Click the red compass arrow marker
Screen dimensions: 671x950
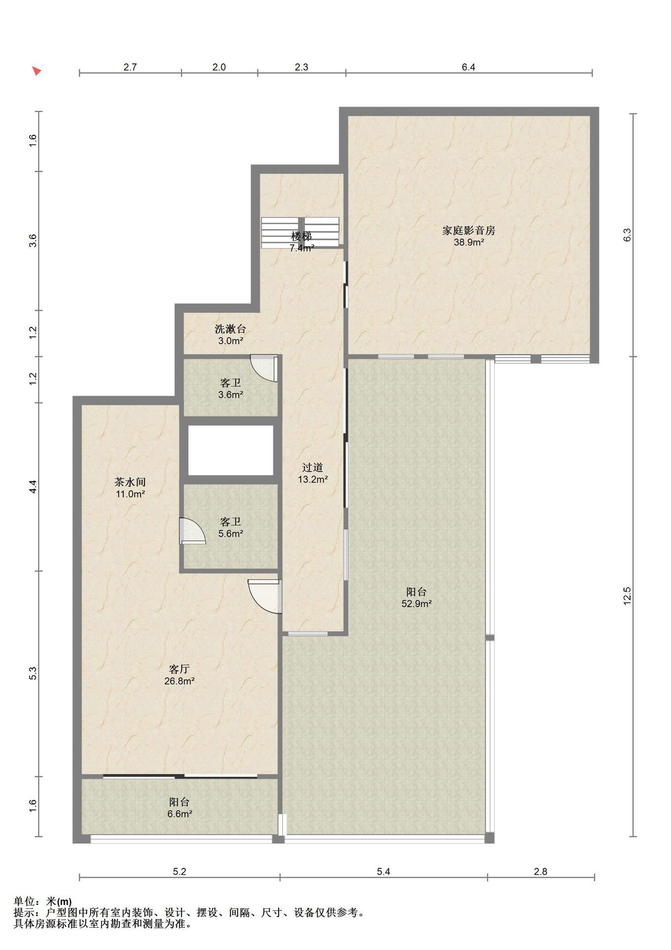point(37,71)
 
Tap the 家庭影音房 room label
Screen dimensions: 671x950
point(468,230)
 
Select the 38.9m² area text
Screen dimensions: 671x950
point(469,242)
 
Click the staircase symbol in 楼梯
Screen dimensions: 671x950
point(300,233)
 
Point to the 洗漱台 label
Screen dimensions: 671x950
point(230,329)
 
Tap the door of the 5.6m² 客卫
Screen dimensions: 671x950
point(192,531)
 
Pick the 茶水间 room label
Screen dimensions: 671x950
point(130,482)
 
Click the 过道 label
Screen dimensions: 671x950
point(313,467)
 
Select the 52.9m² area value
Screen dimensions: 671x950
point(417,604)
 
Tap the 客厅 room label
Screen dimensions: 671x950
point(179,669)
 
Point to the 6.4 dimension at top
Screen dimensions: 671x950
point(468,67)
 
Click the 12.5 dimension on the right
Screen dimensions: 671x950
point(627,596)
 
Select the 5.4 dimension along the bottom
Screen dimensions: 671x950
point(383,871)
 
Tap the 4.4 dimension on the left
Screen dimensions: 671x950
point(33,486)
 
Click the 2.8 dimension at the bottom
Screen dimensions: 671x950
point(540,871)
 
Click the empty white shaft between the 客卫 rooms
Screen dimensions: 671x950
point(231,450)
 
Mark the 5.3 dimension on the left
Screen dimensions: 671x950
point(33,673)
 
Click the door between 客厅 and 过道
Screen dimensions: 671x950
point(265,596)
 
